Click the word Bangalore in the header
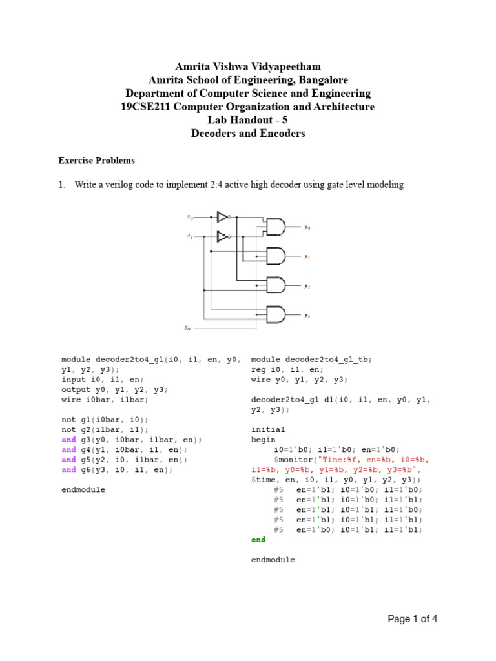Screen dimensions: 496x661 [x=319, y=80]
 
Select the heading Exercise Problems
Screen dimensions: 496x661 [x=97, y=160]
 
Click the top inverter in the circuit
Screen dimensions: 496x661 [x=223, y=217]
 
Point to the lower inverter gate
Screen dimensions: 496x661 [x=223, y=236]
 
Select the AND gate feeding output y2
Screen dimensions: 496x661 [x=276, y=285]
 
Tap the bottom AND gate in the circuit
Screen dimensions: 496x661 [x=276, y=315]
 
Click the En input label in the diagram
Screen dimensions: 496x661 [x=188, y=329]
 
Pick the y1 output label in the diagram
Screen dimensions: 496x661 [x=307, y=257]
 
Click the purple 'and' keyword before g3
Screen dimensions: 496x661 [x=68, y=439]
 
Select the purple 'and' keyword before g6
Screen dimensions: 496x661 [x=68, y=469]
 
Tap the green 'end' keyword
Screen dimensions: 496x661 [x=258, y=539]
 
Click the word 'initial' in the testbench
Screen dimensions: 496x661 [x=268, y=429]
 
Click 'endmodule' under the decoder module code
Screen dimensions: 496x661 [x=83, y=489]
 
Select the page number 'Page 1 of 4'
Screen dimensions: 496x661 [x=413, y=619]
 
